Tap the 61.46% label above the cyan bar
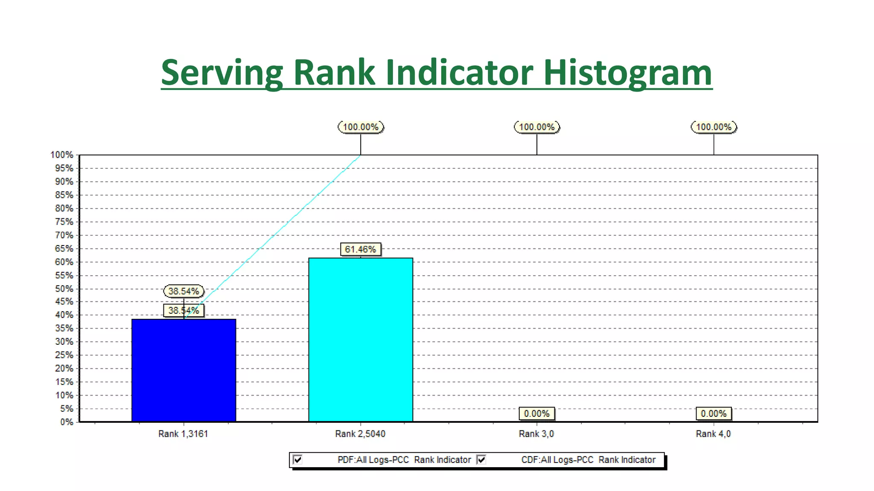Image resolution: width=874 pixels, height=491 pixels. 361,249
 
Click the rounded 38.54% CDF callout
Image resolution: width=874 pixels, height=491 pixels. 184,291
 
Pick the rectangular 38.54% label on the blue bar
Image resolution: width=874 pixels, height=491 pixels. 184,310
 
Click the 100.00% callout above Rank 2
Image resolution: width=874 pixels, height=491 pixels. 361,127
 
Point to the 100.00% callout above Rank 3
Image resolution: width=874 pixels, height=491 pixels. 537,127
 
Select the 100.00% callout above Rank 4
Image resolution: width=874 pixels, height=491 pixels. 714,127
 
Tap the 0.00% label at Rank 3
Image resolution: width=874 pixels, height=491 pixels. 537,413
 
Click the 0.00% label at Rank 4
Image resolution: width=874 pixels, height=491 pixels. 714,413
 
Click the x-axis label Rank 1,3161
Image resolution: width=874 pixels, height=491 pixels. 183,434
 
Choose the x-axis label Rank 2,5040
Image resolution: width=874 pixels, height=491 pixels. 360,434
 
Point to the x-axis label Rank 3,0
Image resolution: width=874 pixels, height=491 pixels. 536,434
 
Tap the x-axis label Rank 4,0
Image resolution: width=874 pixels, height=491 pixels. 713,434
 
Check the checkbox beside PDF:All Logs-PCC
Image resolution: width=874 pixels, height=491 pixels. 298,459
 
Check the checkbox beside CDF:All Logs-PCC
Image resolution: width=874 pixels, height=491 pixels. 481,459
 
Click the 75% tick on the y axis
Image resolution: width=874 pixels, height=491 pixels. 64,222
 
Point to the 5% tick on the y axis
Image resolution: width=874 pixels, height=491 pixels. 66,409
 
